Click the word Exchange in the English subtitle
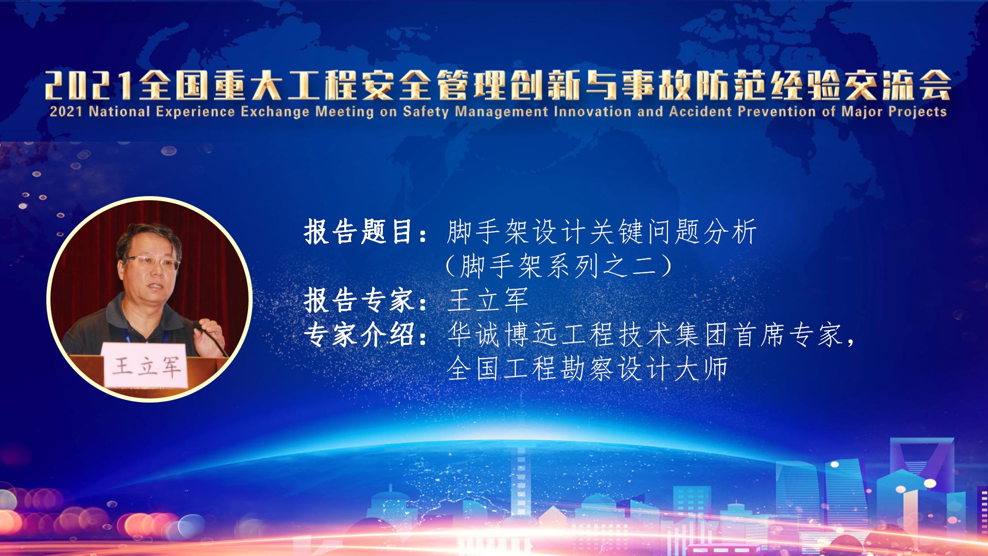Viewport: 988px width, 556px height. point(274,112)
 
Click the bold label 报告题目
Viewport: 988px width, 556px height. point(359,232)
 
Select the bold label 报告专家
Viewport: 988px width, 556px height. point(359,300)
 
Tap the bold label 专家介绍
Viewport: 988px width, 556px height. point(359,335)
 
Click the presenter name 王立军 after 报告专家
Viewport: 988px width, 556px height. point(488,300)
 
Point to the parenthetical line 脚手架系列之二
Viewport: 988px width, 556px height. point(559,266)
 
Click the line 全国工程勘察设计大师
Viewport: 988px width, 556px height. point(587,369)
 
